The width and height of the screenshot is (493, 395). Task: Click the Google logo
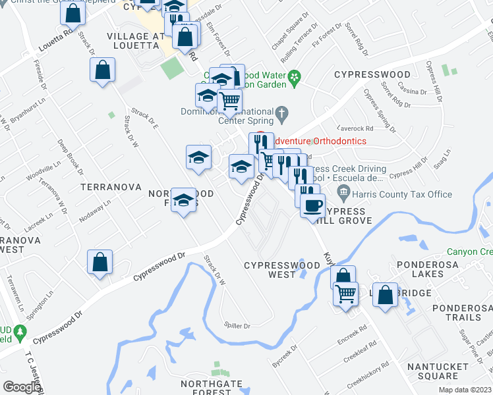[21, 387]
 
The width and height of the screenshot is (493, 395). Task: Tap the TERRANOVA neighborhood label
[111, 187]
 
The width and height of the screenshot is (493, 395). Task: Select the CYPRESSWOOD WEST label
[282, 270]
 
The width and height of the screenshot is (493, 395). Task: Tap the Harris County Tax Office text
[403, 194]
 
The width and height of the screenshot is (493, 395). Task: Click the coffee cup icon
[312, 205]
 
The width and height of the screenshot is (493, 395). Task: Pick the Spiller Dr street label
[237, 326]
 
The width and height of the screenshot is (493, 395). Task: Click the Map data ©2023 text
[465, 390]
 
